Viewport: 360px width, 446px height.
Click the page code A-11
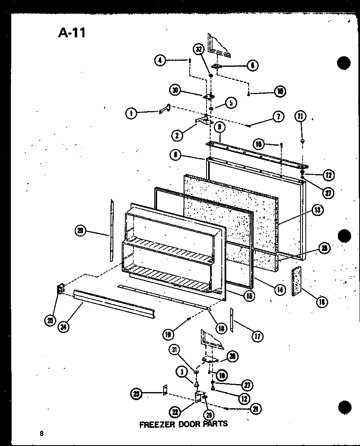tap(72, 33)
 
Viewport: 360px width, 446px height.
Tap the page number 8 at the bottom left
tap(41, 433)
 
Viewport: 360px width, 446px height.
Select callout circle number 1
tap(131, 114)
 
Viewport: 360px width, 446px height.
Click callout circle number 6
tap(252, 65)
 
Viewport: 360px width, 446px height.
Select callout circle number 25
tap(50, 321)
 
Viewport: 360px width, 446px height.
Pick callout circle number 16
tap(321, 301)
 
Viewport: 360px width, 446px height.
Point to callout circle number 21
tap(255, 409)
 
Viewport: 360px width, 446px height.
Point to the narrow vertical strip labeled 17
tap(232, 320)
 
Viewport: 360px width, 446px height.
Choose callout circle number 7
tap(278, 117)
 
